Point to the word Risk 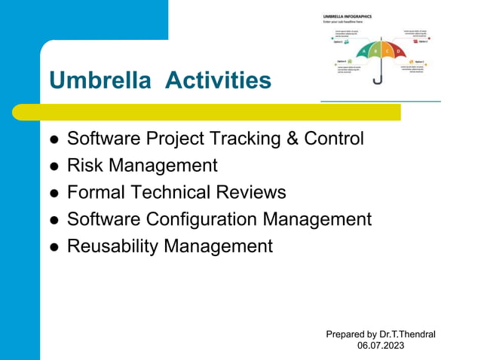tap(84, 166)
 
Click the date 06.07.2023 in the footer tap(380, 346)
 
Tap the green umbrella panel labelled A tap(364, 53)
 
